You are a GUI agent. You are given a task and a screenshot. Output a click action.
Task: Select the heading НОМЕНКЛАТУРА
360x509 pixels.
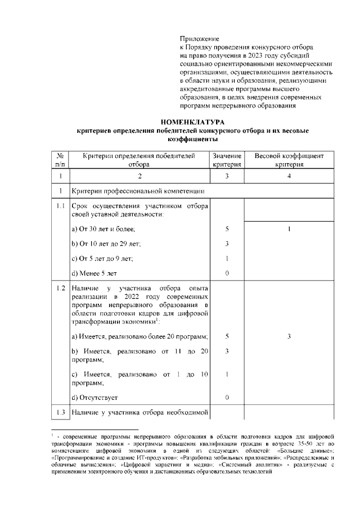coord(192,121)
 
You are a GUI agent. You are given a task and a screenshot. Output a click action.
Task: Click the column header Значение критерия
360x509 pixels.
coord(227,160)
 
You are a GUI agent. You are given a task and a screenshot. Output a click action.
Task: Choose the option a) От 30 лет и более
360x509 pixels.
coord(103,229)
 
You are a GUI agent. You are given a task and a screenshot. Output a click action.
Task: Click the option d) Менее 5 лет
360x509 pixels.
coord(96,273)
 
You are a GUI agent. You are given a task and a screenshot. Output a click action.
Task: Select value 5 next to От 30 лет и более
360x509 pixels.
coord(227,229)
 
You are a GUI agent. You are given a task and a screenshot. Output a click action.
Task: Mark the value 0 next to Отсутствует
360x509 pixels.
coord(227,398)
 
